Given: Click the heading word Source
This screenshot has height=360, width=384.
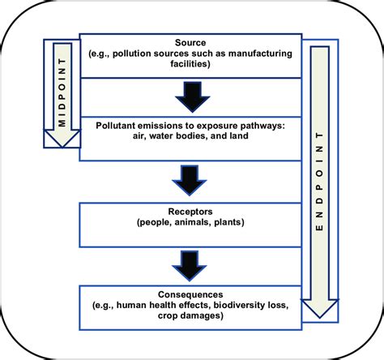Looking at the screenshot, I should click(x=191, y=41).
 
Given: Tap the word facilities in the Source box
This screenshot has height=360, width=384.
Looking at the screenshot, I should click(x=191, y=64).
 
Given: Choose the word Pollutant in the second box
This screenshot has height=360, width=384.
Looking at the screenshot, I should click(x=118, y=126).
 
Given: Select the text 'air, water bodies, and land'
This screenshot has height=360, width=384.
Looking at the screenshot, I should click(x=191, y=137).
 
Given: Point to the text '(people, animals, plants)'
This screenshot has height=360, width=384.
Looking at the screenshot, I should click(x=191, y=220).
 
